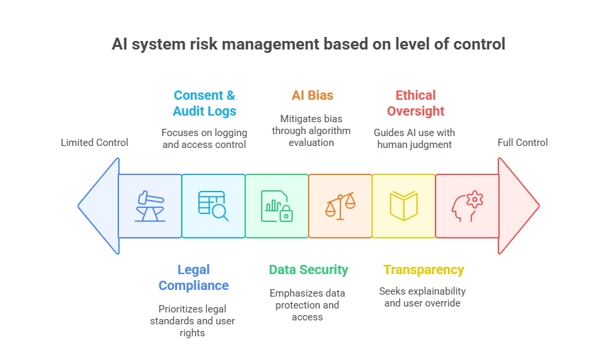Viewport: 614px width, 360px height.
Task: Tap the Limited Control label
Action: [95, 143]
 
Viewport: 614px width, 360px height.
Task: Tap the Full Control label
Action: [523, 143]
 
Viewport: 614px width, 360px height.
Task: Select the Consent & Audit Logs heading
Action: [204, 103]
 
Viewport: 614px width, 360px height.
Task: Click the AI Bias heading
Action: [313, 96]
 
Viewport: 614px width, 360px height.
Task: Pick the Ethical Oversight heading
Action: [416, 103]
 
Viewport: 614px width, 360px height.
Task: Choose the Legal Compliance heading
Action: [194, 277]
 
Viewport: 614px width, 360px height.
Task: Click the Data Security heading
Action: [308, 270]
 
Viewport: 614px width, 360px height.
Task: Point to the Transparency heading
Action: [424, 270]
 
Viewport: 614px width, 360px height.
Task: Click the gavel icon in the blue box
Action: [150, 205]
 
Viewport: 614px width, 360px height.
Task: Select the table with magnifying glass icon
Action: [213, 205]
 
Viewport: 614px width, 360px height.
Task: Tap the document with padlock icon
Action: [277, 205]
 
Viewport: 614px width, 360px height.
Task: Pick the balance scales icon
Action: [340, 205]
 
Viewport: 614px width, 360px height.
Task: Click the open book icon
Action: [404, 205]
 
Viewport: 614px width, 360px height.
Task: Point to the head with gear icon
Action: [467, 205]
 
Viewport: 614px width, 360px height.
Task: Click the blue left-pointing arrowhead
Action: [99, 205]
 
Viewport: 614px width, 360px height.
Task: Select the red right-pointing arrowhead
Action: [517, 205]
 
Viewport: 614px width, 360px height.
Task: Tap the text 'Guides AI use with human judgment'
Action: [414, 139]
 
